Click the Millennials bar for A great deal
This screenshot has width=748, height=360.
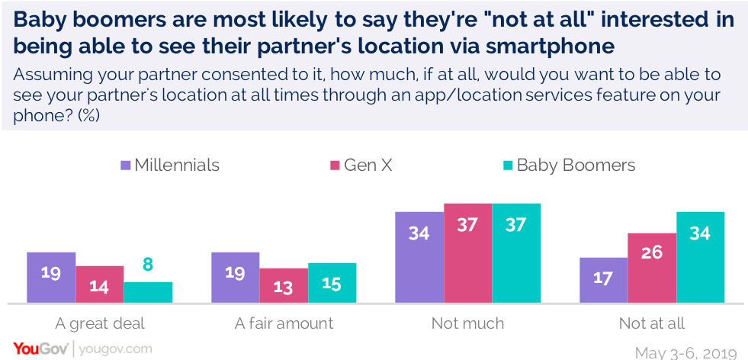tap(51, 278)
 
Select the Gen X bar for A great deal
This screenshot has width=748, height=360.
tap(100, 284)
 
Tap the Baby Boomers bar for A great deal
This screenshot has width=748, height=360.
tap(148, 293)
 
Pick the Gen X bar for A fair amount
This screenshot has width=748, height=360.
tap(284, 286)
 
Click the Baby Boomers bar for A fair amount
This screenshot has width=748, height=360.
tap(332, 283)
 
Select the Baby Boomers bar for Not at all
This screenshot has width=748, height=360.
tap(699, 257)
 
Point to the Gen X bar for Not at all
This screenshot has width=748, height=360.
tap(651, 268)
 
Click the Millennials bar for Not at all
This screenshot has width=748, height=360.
tap(603, 280)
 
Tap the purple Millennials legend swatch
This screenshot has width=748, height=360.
tap(126, 166)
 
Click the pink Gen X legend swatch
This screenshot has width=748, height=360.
tap(334, 166)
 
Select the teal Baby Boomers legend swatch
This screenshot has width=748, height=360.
tap(506, 166)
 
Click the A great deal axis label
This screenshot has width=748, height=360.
tap(100, 323)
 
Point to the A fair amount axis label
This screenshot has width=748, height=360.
tap(284, 323)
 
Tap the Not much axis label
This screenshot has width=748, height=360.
tap(467, 323)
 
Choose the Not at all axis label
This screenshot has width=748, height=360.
tap(651, 323)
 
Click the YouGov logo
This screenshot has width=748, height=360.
tap(35, 349)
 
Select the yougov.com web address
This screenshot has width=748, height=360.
tap(114, 349)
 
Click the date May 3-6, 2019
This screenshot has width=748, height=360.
tap(685, 352)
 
